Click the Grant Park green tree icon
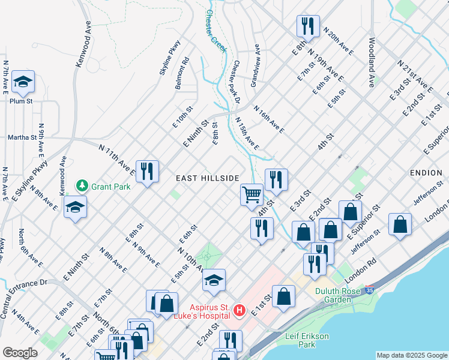(83, 187)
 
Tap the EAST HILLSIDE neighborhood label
(208, 179)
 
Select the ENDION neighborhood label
(426, 173)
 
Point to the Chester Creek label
(216, 31)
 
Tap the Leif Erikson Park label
(307, 340)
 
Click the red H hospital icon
(240, 310)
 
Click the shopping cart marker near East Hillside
(252, 194)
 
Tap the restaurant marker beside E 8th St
(305, 26)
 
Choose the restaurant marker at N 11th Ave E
(146, 170)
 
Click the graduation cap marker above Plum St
(23, 82)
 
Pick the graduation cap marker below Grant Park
(74, 208)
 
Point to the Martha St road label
(22, 137)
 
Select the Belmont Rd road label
(182, 73)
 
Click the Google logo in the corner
(20, 353)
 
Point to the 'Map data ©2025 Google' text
(412, 355)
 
